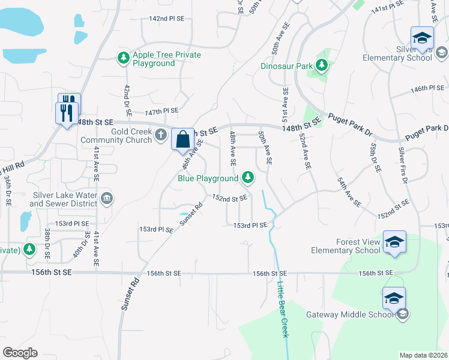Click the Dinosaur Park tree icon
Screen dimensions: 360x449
point(322,65)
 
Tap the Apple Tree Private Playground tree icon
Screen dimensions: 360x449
point(123,58)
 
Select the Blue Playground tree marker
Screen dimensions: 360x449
point(247,178)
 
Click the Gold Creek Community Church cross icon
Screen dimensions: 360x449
point(161,136)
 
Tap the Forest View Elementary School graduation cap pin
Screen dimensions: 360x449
point(394,242)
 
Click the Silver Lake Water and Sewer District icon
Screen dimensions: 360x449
point(107,198)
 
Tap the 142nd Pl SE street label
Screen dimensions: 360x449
point(167,19)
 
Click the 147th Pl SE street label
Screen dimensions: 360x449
point(161,111)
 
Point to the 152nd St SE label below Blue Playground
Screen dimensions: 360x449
point(230,197)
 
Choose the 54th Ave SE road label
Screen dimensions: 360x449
point(349,192)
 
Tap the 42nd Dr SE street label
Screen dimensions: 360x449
point(127,100)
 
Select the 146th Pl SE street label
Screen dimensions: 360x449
point(427,88)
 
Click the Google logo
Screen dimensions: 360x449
point(20,353)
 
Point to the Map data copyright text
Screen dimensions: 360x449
point(424,355)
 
